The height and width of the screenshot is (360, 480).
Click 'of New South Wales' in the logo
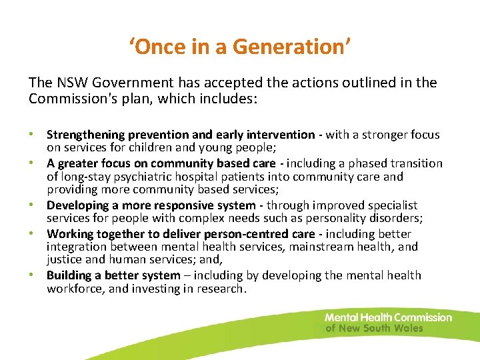374,328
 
